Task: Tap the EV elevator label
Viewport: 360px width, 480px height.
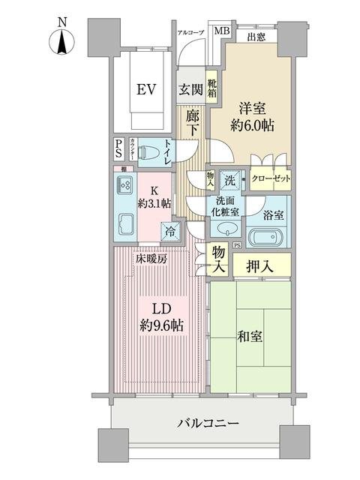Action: point(146,91)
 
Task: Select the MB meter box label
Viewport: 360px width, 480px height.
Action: point(221,31)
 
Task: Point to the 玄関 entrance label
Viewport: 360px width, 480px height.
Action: point(190,90)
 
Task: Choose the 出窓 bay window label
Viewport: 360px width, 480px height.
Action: point(256,35)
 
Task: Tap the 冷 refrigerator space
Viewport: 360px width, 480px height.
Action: point(171,231)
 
